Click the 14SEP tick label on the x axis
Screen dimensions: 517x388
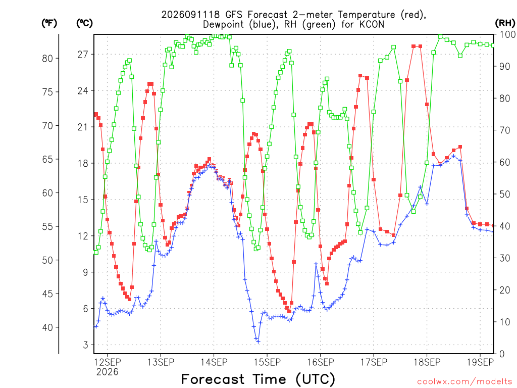(214, 362)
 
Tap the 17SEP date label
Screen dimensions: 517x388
(374, 362)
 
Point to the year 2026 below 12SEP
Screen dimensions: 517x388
(107, 372)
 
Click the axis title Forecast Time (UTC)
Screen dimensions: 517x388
(258, 379)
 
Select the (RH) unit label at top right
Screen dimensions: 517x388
(505, 23)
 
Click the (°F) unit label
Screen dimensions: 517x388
(49, 23)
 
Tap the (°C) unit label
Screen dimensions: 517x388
(84, 23)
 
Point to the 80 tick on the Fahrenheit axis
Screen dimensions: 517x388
(47, 59)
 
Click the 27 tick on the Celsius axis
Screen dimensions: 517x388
(83, 55)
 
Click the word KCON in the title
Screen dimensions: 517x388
(372, 24)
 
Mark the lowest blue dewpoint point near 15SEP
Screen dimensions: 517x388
(258, 342)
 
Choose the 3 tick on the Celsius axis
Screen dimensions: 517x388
(86, 345)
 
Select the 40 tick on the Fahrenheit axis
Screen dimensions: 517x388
(47, 327)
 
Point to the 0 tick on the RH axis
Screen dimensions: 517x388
(502, 354)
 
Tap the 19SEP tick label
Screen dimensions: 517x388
(481, 362)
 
